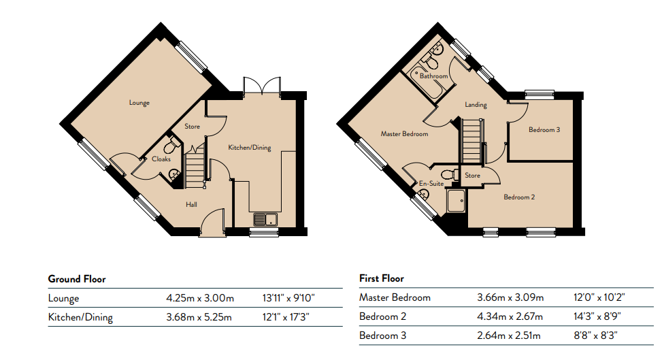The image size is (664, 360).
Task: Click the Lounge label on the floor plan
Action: point(139,103)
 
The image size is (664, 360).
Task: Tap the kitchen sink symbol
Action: point(265,219)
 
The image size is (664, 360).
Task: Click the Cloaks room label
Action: point(161,159)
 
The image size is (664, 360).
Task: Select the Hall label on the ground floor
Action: point(191,205)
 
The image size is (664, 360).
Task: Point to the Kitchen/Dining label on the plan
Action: point(250,148)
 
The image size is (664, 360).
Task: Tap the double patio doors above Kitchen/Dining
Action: point(262,86)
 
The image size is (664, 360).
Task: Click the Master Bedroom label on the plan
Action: point(404,134)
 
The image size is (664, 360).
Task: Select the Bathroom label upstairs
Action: point(433,76)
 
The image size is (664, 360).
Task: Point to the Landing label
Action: point(476,105)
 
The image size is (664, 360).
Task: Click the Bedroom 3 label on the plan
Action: point(544,129)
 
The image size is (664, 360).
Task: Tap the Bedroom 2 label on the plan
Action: point(519,197)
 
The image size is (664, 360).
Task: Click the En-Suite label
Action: point(431,183)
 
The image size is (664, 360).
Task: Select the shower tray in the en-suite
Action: point(456,201)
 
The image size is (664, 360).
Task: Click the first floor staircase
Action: point(471,141)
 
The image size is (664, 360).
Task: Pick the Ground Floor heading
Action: point(77,279)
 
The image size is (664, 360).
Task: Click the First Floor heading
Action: point(382,278)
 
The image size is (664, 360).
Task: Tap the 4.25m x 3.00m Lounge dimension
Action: point(200,298)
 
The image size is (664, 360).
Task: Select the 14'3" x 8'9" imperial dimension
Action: point(598,316)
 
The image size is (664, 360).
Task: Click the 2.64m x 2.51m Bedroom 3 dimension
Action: point(509,336)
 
